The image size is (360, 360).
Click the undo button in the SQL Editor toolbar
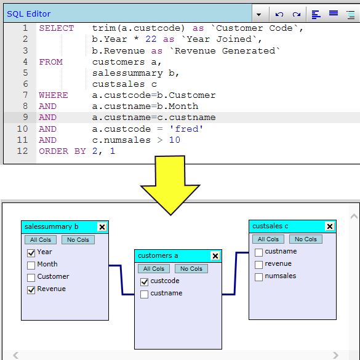tap(279, 14)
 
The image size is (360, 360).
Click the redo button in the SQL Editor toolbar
tap(297, 14)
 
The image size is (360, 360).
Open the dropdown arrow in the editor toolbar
tap(258, 15)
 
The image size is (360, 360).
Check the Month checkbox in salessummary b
tap(31, 265)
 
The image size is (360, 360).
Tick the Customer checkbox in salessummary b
tap(31, 278)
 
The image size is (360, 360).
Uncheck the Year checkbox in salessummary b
tap(31, 253)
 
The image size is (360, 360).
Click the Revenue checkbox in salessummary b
tap(31, 290)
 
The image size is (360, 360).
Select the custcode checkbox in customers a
tap(144, 282)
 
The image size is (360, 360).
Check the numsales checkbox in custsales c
tap(258, 277)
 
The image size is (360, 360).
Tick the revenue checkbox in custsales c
tap(258, 265)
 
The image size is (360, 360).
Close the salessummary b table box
tap(102, 227)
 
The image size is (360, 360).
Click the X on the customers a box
tap(215, 256)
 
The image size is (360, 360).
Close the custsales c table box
tap(330, 226)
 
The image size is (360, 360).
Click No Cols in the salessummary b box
tap(78, 240)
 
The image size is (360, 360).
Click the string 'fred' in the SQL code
tap(186, 129)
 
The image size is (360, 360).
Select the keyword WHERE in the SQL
tap(54, 95)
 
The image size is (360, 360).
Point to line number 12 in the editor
tap(22, 151)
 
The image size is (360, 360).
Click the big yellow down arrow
tap(170, 185)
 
